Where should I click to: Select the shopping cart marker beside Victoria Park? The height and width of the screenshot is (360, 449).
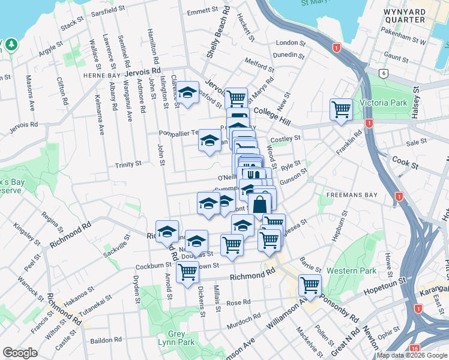341,109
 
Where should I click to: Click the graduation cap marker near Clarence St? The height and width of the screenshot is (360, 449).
187,92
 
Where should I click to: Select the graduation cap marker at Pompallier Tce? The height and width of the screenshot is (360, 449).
209,140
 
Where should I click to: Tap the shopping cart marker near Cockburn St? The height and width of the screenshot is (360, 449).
188,271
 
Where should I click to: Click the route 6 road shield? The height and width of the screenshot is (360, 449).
384,73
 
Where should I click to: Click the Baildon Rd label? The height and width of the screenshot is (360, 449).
106,340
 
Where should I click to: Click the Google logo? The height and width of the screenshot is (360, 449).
20,353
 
